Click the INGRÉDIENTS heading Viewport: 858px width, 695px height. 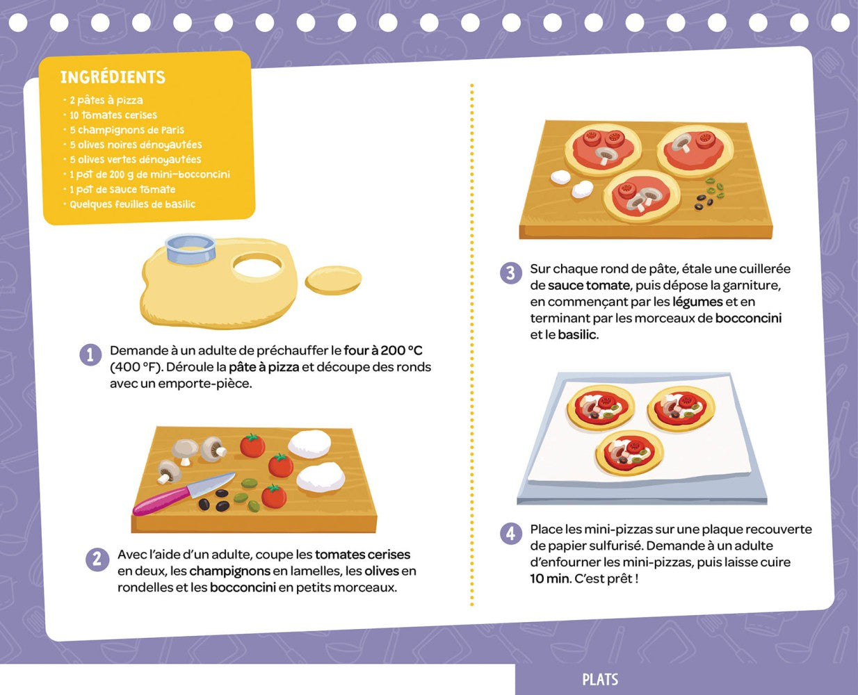pos(113,77)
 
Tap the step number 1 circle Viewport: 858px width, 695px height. pos(90,355)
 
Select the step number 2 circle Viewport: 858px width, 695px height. pos(97,559)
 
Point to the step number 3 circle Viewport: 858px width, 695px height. pos(511,273)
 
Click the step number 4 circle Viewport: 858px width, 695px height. pos(511,534)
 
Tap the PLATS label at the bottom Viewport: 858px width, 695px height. pos(600,680)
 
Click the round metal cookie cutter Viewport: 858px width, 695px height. pos(190,249)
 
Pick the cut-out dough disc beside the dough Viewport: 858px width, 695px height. pos(334,280)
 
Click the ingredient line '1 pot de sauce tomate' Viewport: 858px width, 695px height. pos(122,190)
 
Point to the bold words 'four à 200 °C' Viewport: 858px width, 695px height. pos(383,350)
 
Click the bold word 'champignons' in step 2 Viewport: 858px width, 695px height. pos(229,571)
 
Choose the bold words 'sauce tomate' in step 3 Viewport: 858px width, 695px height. pos(589,286)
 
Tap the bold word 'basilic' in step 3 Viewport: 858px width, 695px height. pos(577,335)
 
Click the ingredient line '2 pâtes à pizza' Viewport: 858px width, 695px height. pos(106,100)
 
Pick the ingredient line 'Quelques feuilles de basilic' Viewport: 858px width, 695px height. pos(132,204)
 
